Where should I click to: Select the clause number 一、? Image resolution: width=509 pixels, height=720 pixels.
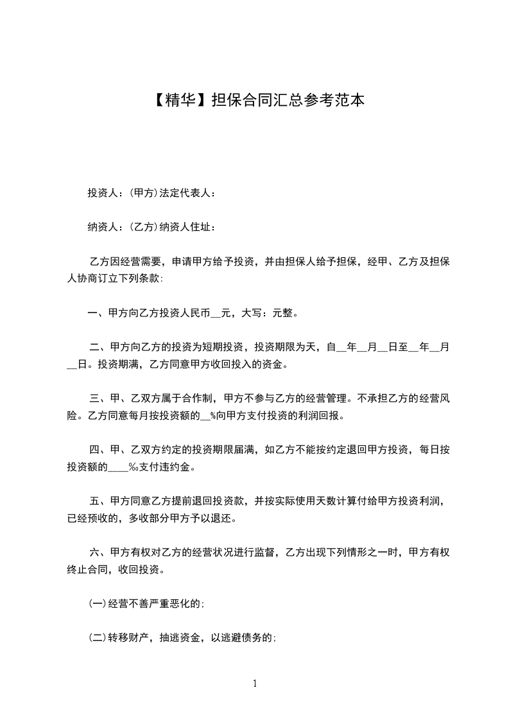pyautogui.click(x=98, y=314)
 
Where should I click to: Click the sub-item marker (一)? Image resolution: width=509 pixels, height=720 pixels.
pyautogui.click(x=97, y=603)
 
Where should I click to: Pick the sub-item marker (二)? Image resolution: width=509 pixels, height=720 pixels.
pyautogui.click(x=97, y=637)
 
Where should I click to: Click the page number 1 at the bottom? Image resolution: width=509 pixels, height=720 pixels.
pyautogui.click(x=255, y=683)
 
